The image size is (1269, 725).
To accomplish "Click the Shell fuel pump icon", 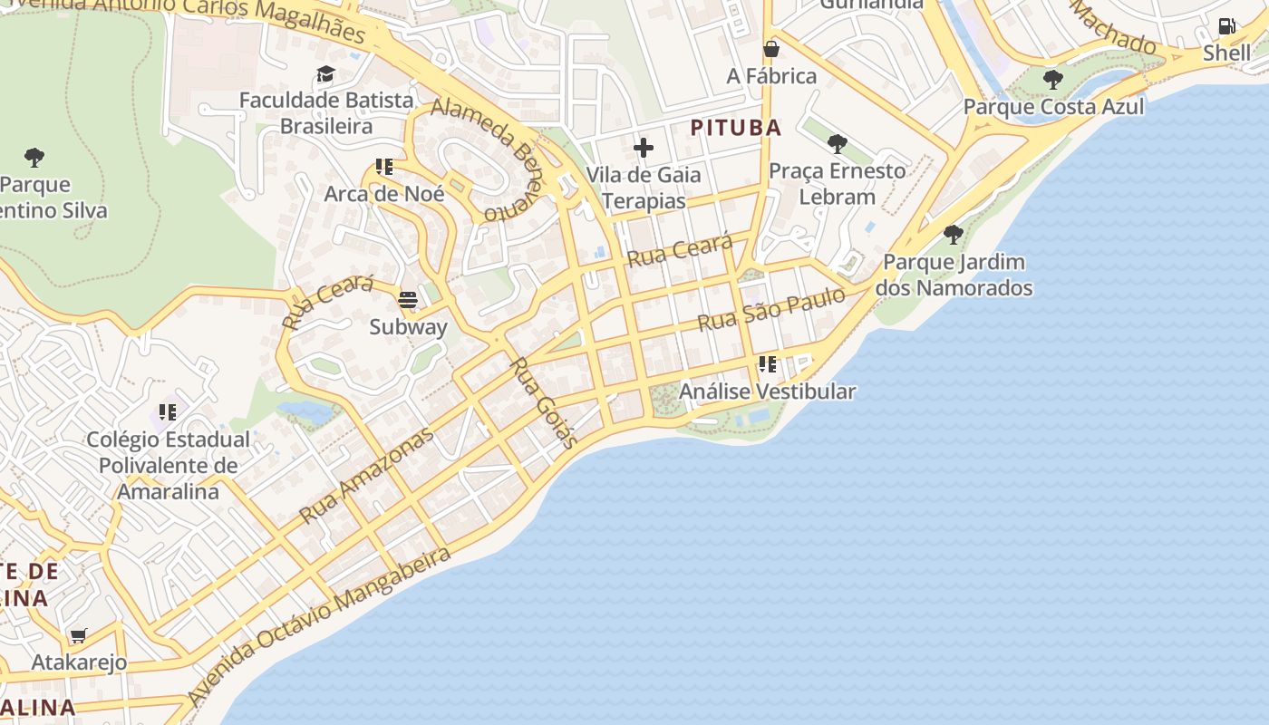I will point(1226,26).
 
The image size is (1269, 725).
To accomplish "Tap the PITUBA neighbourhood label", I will point(736,128).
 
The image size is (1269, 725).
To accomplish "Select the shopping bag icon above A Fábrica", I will point(771,49).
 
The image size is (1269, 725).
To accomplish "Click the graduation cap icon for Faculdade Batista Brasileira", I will point(325,73).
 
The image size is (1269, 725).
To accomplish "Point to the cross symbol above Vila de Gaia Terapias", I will point(644,147).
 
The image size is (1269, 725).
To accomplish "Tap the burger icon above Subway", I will point(408,300).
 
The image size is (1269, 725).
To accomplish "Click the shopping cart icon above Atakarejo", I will point(79,636).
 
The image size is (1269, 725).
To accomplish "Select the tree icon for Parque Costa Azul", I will point(1052,80).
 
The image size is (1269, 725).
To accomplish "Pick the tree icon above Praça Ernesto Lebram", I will point(838,143).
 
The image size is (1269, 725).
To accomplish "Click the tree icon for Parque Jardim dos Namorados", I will point(953,235).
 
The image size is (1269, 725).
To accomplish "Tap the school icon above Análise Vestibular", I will point(768,364).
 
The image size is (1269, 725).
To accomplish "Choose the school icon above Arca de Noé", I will point(384,167).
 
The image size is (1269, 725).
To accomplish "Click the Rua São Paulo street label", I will point(770,309).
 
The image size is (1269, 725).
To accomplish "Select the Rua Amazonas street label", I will point(366,476).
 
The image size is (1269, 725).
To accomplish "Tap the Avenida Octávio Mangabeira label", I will point(319,625).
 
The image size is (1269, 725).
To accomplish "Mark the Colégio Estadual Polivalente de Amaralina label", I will point(168,466).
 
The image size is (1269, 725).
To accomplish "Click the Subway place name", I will point(408,327).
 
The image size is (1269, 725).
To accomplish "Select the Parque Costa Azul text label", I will point(1053,107).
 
